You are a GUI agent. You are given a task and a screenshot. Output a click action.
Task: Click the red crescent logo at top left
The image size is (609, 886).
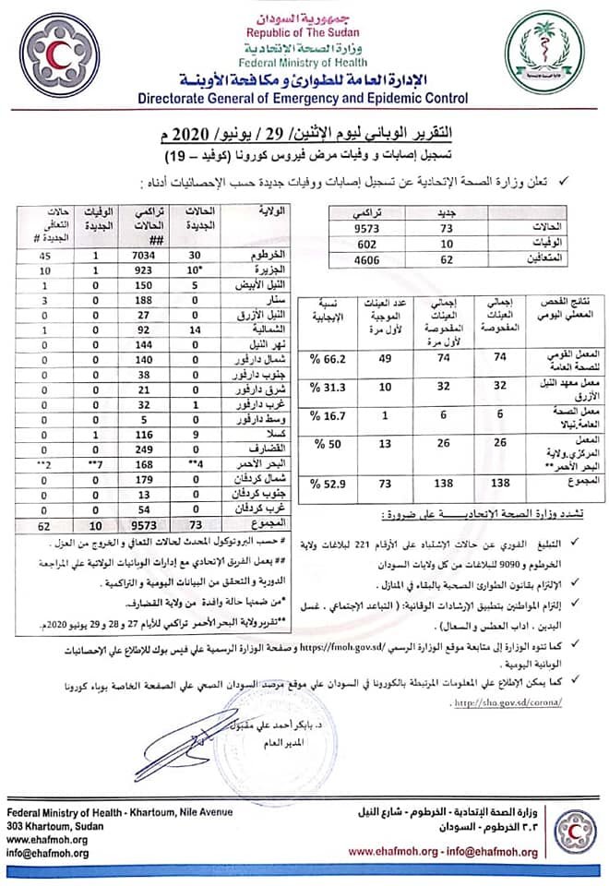[58, 53]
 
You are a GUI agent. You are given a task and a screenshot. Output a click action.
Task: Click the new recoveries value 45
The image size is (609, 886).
[44, 256]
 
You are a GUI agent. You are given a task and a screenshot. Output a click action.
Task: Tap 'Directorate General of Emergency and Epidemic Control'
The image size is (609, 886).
[302, 97]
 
